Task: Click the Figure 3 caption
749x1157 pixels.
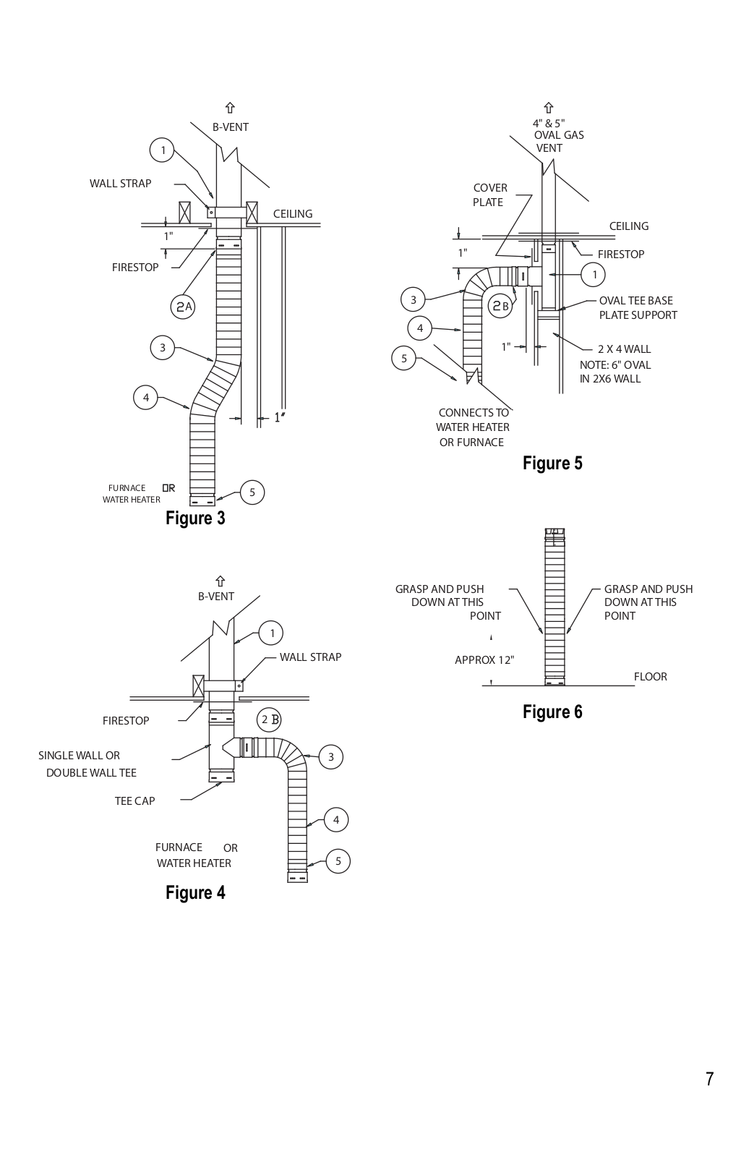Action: (195, 518)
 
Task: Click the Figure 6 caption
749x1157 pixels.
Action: (552, 712)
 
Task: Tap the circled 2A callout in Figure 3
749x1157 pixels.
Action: (182, 307)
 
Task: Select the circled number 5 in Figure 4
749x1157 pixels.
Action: (338, 861)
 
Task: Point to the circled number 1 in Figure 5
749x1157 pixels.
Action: (594, 274)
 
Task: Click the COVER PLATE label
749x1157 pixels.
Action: (489, 195)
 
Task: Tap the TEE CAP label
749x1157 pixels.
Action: (134, 800)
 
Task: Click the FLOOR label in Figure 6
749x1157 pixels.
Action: (651, 677)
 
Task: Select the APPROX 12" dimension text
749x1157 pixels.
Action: (484, 659)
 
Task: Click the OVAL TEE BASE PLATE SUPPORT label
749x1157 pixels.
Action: (638, 308)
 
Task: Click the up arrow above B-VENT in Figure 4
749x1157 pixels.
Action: (220, 581)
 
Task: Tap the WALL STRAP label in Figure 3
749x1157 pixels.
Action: (120, 184)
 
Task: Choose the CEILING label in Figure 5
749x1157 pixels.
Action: (629, 226)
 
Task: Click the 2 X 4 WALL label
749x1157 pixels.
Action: (625, 349)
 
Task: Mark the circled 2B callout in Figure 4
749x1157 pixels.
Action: (269, 720)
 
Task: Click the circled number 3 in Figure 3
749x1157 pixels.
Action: (163, 348)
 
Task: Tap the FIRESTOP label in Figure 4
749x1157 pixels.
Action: (126, 720)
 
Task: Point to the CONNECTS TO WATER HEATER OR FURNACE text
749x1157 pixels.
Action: (473, 427)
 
